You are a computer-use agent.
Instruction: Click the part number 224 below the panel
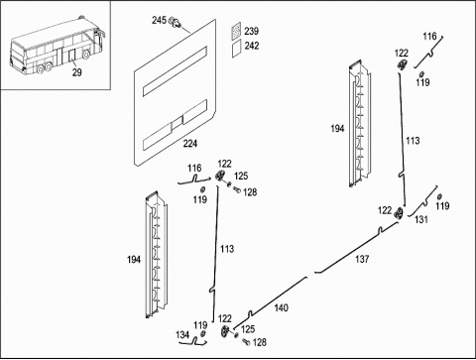190,144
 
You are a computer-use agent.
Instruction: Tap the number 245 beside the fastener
159,20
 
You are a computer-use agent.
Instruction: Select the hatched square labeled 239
236,31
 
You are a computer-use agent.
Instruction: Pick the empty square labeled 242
236,50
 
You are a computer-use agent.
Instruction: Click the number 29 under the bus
77,72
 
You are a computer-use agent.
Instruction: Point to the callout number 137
362,259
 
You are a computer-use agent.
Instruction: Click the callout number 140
281,308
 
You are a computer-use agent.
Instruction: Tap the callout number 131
421,219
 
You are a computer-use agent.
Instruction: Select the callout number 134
182,335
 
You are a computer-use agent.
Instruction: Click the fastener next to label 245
176,23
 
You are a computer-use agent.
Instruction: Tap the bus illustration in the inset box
58,46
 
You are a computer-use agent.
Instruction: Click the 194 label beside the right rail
337,129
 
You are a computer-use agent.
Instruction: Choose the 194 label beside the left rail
134,260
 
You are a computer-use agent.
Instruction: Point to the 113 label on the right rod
413,141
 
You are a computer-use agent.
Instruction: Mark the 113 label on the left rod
227,249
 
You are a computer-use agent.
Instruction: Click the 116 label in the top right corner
429,37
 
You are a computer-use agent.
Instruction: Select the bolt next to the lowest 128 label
246,342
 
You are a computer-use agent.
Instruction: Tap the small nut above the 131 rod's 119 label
439,197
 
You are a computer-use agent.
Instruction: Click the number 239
251,31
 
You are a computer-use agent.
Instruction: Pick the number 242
252,46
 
